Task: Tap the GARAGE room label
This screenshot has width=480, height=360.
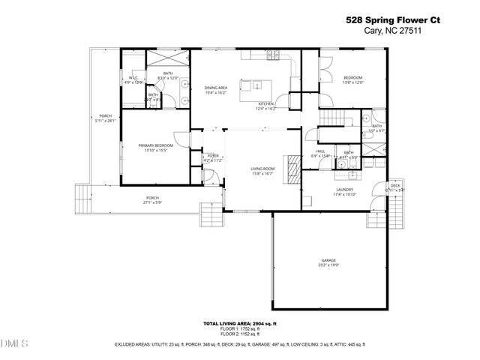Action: point(328,260)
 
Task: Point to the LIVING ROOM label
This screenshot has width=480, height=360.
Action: point(262,169)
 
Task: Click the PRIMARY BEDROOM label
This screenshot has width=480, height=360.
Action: point(155,145)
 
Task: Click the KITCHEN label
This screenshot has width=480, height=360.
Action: point(266,104)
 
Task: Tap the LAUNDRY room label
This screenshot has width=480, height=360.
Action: point(344,190)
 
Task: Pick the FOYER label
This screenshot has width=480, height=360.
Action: point(213,155)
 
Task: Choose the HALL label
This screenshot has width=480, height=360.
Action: point(320,151)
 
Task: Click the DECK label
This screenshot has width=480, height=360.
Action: point(394,185)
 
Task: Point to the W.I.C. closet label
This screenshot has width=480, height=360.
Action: point(133,78)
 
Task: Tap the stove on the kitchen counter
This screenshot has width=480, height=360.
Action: point(271,55)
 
